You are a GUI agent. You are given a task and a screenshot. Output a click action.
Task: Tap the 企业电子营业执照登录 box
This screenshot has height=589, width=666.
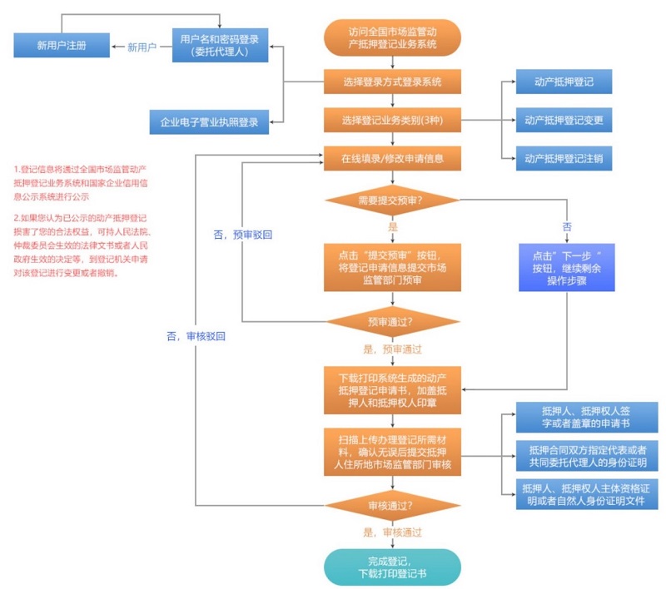tap(209, 122)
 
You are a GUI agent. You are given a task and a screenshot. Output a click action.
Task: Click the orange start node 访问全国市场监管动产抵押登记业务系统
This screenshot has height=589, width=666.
tap(392, 38)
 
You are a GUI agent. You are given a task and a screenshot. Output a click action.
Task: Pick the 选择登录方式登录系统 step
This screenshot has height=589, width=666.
tap(392, 82)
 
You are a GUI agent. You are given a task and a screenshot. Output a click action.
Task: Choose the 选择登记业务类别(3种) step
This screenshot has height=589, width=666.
tap(392, 121)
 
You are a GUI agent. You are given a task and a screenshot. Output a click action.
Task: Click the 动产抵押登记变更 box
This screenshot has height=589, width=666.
tap(564, 121)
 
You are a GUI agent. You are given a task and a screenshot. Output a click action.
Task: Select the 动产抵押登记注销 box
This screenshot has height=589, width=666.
tap(564, 158)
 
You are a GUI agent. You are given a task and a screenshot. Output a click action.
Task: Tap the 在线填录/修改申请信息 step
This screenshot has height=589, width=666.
tap(392, 157)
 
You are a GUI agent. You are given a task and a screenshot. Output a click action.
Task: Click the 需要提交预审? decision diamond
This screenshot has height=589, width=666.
tap(392, 200)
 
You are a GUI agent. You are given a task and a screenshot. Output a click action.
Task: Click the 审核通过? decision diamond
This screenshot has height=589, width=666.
tap(392, 505)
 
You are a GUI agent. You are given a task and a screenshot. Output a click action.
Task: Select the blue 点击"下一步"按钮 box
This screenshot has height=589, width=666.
tap(567, 267)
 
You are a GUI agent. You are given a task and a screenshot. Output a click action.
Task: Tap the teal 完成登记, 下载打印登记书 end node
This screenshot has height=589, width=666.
tap(392, 567)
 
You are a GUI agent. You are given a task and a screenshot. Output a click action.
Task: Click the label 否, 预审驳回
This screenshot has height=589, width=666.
tap(244, 235)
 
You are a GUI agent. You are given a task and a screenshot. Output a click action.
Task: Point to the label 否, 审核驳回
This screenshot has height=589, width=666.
tap(196, 336)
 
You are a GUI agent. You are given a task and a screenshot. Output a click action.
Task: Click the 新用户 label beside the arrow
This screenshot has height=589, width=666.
tap(142, 47)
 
